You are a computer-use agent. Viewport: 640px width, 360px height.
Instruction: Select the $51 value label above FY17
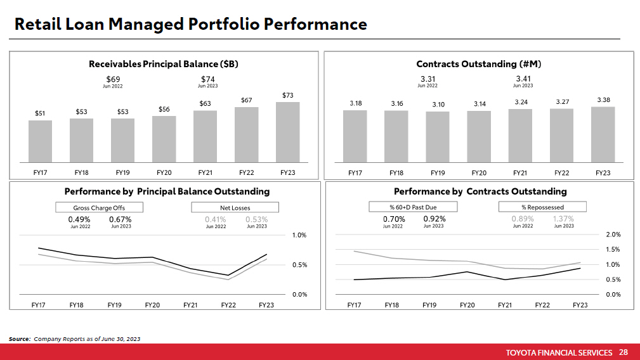[x=40, y=113]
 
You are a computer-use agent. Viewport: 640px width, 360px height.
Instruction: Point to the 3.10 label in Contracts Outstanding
[x=438, y=104]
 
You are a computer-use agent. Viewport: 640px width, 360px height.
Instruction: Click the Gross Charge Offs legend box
[x=99, y=207]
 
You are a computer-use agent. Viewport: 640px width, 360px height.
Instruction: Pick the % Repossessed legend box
[x=542, y=207]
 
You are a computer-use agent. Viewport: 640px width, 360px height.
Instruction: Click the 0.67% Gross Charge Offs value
[x=121, y=219]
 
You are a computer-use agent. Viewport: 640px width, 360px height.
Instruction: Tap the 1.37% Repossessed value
[x=563, y=219]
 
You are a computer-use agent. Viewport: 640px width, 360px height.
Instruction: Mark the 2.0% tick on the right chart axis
[x=613, y=235]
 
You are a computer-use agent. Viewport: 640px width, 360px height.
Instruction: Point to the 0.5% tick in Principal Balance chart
[x=299, y=265]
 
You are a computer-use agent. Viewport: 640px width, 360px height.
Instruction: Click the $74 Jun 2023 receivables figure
[x=208, y=79]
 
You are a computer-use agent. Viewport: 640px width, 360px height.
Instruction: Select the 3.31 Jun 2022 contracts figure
[x=428, y=79]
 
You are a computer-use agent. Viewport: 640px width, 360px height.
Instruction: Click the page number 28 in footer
[x=624, y=352]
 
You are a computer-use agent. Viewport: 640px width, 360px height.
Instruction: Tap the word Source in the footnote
[x=19, y=339]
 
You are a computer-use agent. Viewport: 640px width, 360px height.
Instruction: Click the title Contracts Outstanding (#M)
[x=478, y=64]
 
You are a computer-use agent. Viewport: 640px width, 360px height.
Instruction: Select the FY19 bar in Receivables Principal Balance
[x=122, y=140]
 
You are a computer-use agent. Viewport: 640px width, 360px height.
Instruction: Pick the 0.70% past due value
[x=393, y=219]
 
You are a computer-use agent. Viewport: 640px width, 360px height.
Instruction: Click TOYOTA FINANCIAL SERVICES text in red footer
[x=559, y=352]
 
